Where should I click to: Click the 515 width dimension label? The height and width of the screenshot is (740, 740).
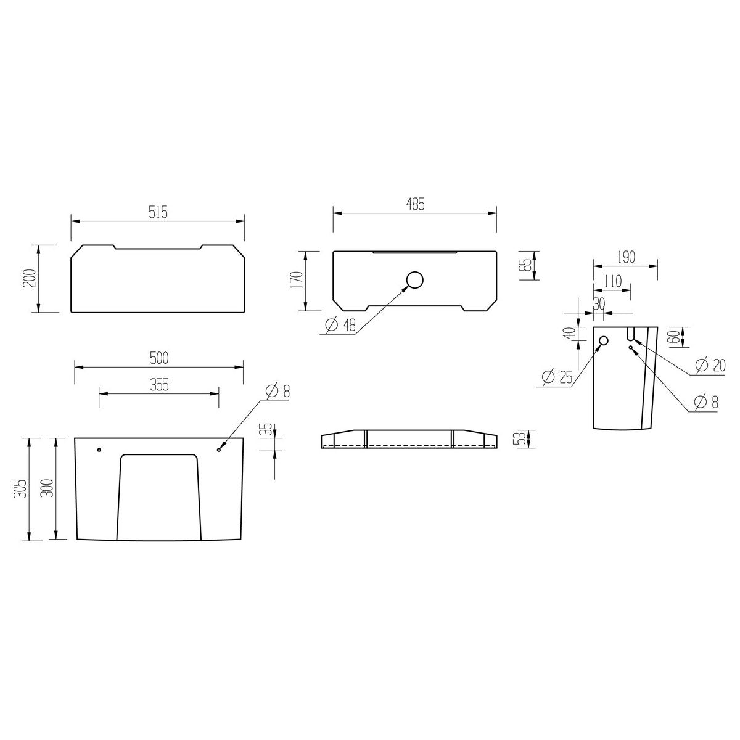(x=158, y=212)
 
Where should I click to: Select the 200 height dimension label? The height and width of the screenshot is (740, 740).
(x=31, y=278)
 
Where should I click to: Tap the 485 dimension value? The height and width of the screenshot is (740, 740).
(x=415, y=205)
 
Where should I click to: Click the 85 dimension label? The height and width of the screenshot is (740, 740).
(x=527, y=265)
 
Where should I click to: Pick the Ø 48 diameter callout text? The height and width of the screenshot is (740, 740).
(x=340, y=325)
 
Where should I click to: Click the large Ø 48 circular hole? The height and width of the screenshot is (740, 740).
(x=415, y=280)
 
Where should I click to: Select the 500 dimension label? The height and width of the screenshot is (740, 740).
(x=159, y=358)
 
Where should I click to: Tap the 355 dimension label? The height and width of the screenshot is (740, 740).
(x=159, y=384)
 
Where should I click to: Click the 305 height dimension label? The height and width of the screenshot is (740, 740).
(x=21, y=489)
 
